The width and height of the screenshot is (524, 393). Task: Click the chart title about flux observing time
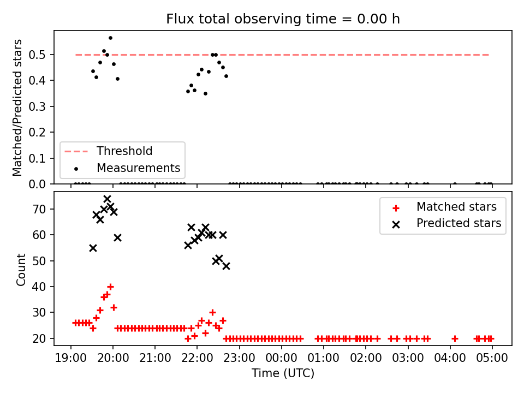tap(283, 19)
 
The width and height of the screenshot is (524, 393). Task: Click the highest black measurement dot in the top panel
tap(111, 38)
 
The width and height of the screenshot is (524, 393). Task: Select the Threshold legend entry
tap(108, 151)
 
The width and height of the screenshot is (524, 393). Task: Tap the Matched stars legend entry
tap(444, 207)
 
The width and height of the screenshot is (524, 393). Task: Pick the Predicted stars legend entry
tap(446, 223)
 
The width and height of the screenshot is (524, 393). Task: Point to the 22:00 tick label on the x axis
tap(197, 358)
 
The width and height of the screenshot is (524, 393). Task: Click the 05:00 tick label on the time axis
tap(492, 358)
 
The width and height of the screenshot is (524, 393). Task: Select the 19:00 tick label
tap(70, 358)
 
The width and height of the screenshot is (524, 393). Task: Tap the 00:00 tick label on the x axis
tap(282, 358)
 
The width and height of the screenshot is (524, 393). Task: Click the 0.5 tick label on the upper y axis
tap(37, 55)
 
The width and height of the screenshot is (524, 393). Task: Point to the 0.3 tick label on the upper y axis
tap(37, 106)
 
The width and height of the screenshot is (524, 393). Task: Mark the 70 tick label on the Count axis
tap(39, 209)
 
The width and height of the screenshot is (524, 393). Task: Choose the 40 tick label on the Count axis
tap(39, 287)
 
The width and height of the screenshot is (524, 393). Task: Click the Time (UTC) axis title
tap(283, 373)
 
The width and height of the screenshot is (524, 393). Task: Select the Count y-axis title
tap(21, 269)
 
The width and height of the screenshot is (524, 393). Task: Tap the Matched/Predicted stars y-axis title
tap(17, 108)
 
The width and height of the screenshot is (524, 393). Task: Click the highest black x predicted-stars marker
tap(108, 199)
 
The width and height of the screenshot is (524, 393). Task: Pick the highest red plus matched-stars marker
tap(111, 287)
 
